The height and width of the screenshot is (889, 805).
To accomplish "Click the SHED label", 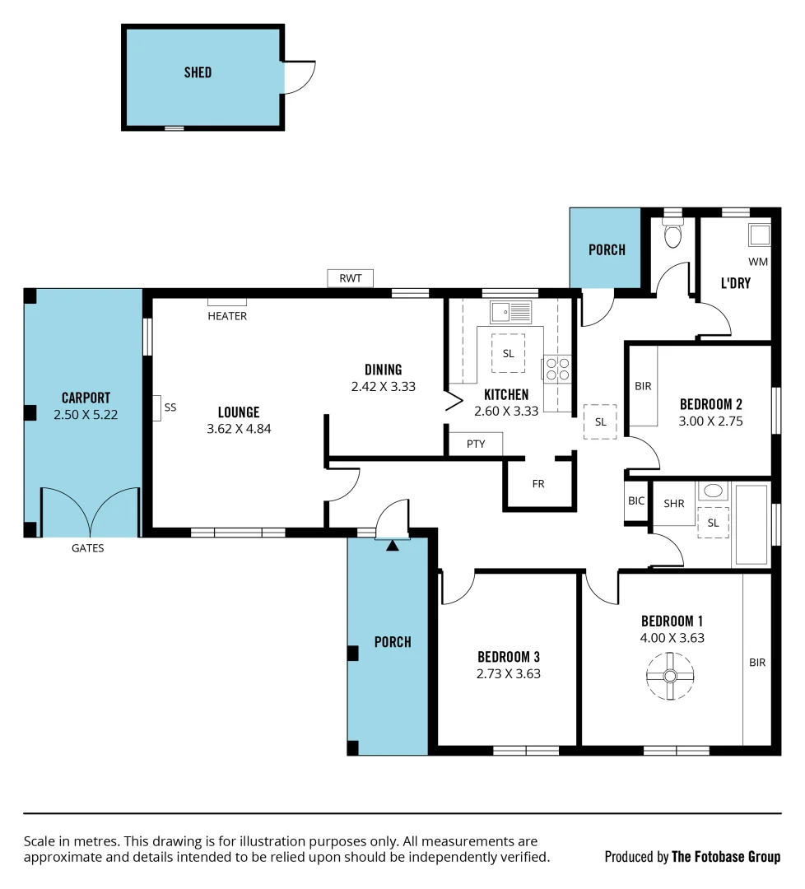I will click(x=198, y=72).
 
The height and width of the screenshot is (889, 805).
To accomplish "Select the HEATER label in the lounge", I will click(x=227, y=316).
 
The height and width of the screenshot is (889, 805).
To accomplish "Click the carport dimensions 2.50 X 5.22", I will click(x=86, y=415).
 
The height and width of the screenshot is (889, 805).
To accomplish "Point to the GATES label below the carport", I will click(x=87, y=548).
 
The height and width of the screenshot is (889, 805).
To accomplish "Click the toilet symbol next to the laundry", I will click(x=672, y=235).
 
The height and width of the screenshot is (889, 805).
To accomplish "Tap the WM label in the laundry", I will click(x=757, y=263).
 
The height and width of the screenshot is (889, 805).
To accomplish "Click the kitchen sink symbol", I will click(x=511, y=312).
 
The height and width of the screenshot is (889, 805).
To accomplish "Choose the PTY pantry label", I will click(x=475, y=444).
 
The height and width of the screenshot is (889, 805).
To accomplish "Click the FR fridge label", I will click(x=538, y=484).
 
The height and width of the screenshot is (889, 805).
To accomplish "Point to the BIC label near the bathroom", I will click(x=635, y=500).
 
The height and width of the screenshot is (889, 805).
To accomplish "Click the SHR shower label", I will click(x=674, y=503).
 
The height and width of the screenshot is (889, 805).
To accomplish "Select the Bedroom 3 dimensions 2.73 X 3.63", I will click(x=508, y=673).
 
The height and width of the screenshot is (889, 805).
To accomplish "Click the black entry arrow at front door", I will click(x=393, y=543).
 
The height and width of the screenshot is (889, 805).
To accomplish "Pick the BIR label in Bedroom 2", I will click(x=643, y=386).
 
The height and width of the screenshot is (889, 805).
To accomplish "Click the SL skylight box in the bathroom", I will click(x=713, y=523).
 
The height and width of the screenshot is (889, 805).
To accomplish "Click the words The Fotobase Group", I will click(x=726, y=857).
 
